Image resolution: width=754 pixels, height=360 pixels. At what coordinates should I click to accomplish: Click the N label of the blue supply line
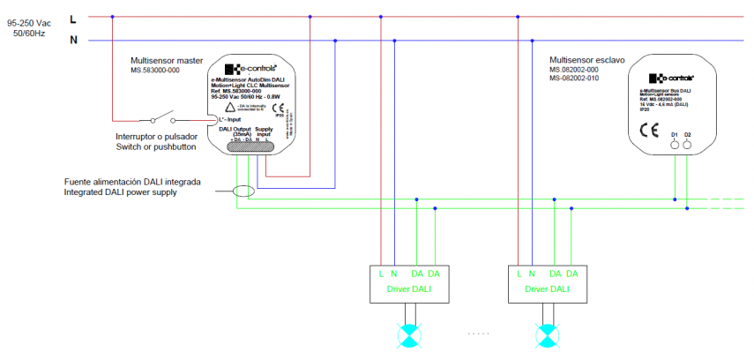[x=73, y=40]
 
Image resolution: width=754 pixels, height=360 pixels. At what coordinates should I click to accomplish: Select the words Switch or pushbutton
[x=155, y=147]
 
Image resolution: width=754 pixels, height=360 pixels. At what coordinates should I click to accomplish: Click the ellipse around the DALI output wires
[x=243, y=191]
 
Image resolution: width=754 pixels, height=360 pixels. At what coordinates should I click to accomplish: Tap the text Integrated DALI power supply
[x=120, y=192]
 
